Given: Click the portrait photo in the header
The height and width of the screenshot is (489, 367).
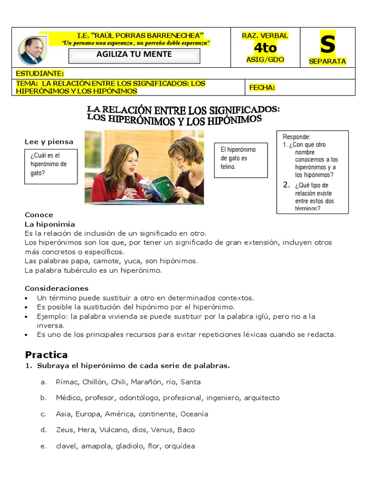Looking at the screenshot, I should pos(32,50).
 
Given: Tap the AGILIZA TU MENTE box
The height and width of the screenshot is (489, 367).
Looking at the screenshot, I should pos(134,54).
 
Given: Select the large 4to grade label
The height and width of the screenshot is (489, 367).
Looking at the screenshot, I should pos(265,48).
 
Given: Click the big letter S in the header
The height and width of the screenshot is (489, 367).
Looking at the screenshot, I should pos(327,44).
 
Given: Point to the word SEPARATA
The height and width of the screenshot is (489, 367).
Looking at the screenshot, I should pos(327,61).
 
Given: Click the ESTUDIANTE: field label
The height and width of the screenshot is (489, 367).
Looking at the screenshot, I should pos(40,74).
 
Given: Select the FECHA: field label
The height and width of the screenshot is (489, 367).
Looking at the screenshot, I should pos(262,87).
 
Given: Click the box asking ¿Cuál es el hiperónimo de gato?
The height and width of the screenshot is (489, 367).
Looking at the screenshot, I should pos(51,166).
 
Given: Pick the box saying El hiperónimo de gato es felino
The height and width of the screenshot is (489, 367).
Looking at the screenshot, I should pos(241,160).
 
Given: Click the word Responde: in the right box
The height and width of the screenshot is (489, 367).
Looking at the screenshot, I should pos(296,137).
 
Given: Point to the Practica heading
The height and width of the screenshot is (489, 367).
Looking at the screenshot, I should pos(46,355).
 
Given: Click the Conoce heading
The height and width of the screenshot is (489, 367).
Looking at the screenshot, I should pos(39,215).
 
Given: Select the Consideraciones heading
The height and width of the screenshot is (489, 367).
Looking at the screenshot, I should pos(56,288).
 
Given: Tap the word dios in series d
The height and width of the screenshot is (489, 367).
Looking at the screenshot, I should pos(139,430).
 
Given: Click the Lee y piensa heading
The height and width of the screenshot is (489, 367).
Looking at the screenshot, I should pos(49,142).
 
